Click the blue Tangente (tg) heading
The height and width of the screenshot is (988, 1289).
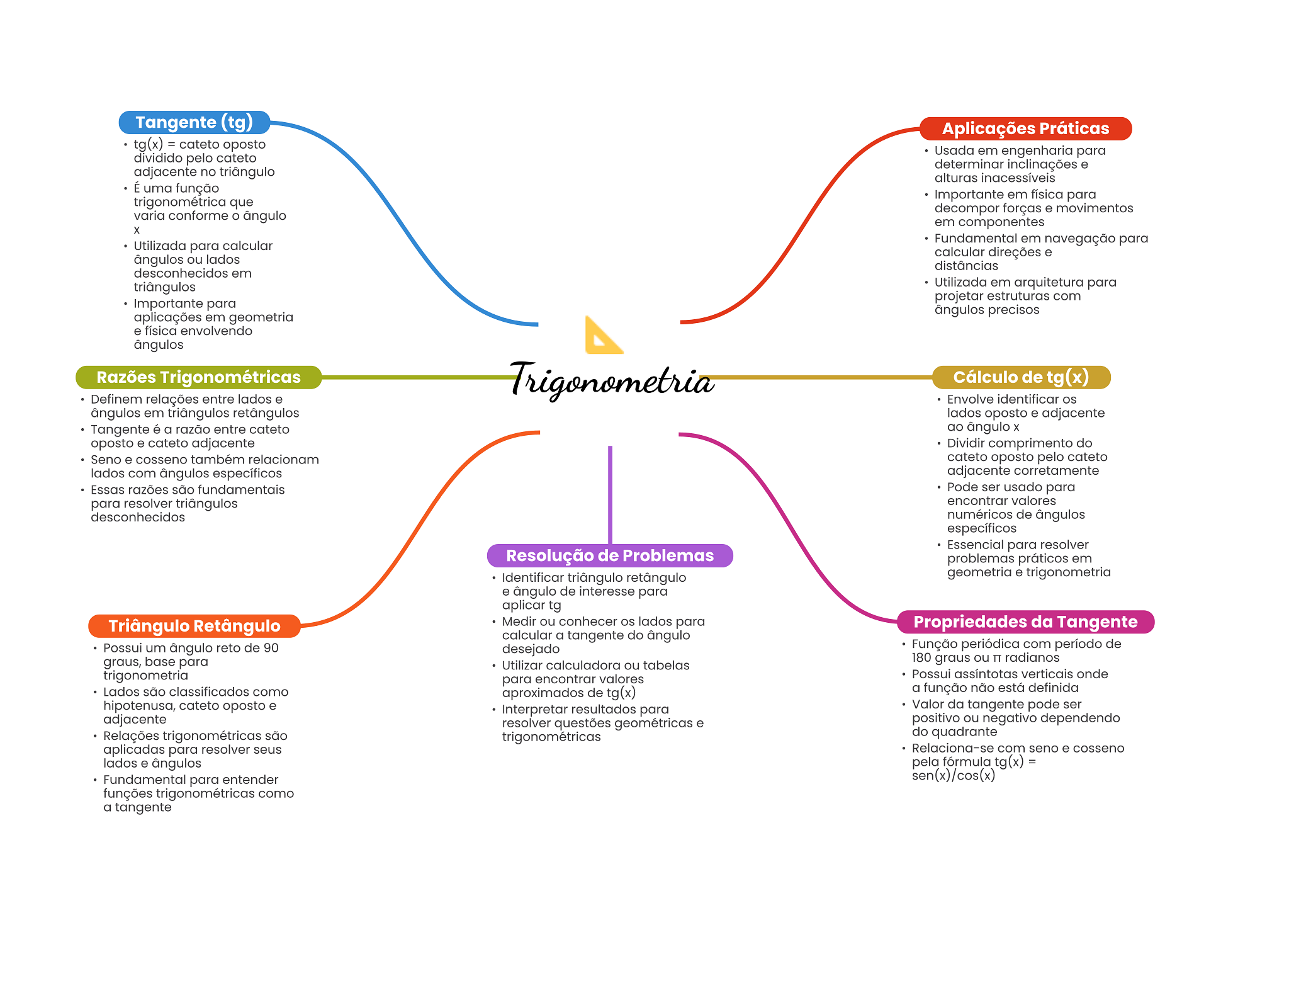pyautogui.click(x=194, y=122)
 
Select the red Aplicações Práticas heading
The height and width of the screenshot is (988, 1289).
pyautogui.click(x=1025, y=128)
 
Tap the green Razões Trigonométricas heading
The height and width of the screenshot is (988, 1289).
pyautogui.click(x=198, y=377)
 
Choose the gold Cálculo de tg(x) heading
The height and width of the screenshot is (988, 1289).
pyautogui.click(x=1020, y=377)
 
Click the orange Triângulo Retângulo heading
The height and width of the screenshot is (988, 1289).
pyautogui.click(x=194, y=626)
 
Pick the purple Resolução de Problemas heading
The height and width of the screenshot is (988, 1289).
pyautogui.click(x=609, y=555)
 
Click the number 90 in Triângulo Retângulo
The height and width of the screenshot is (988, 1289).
pyautogui.click(x=271, y=648)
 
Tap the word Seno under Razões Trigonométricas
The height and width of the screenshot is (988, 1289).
pyautogui.click(x=106, y=460)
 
